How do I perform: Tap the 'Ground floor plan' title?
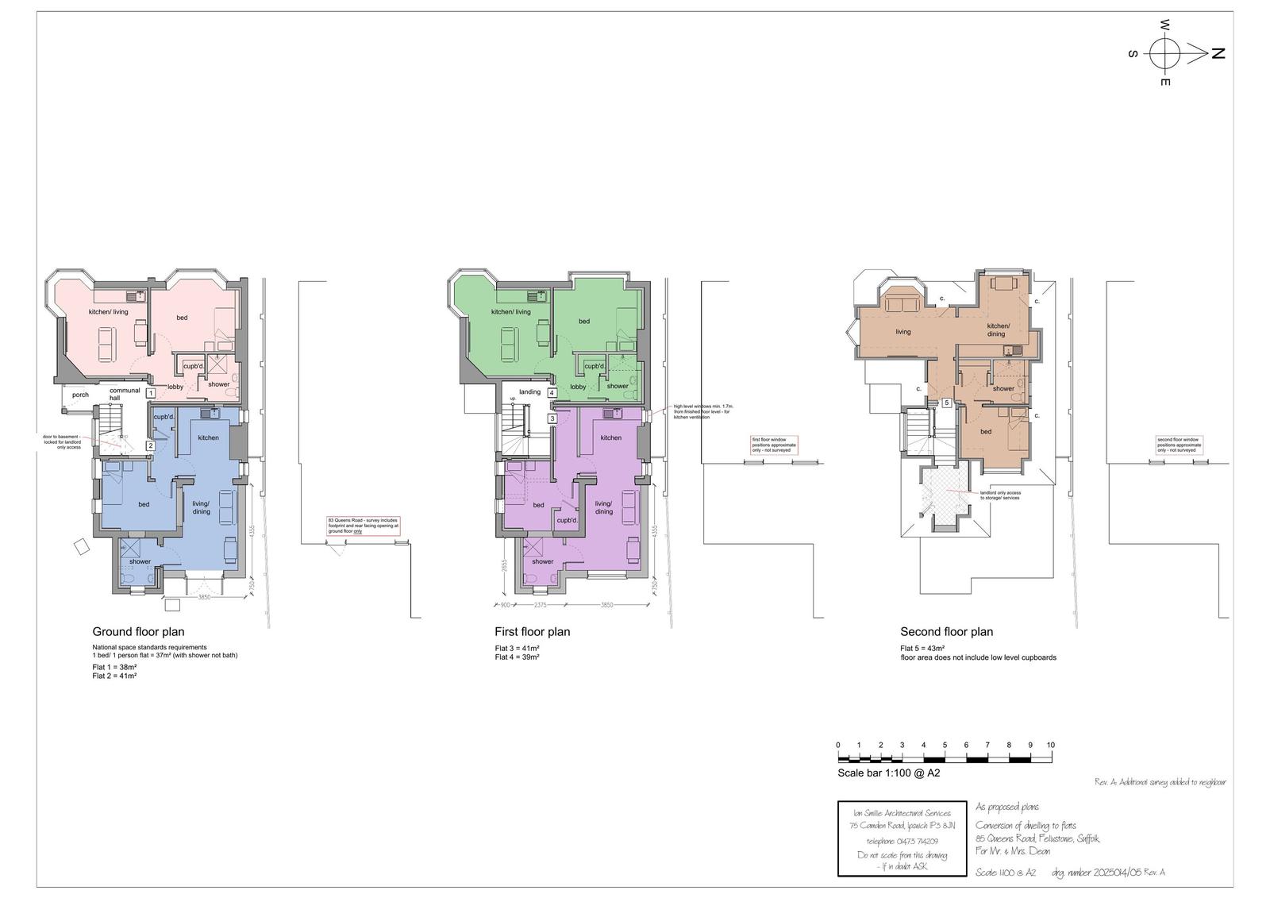coord(138,632)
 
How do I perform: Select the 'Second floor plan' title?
coord(946,632)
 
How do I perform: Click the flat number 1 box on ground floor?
coord(150,393)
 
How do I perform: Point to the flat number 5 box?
coord(947,403)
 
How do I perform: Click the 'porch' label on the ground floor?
coord(80,395)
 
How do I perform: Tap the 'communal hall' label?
coord(125,394)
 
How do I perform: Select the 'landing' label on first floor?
coord(529,392)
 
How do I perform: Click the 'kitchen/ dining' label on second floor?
coord(998,330)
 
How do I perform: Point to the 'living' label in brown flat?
coord(903,332)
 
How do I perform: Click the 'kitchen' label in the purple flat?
coord(610,438)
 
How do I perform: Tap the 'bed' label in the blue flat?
coord(144,504)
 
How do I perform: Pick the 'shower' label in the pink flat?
coord(218,384)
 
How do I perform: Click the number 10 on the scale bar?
coord(1050,745)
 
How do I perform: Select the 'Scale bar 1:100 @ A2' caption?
coord(888,773)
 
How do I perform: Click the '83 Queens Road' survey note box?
coord(363,526)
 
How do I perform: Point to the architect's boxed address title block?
coord(902,838)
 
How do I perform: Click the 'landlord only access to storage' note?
coord(1000,495)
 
